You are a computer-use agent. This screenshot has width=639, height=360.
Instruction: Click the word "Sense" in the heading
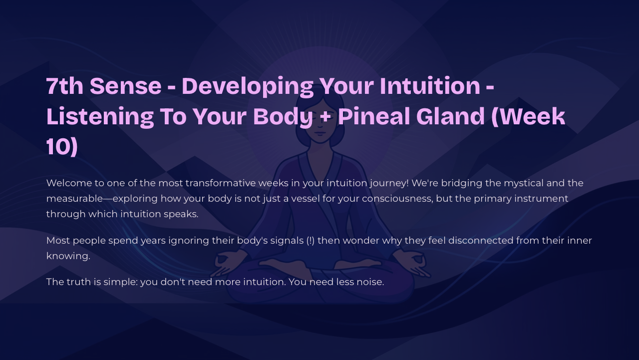[x=126, y=86]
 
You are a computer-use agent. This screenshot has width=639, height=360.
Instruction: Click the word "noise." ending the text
[x=370, y=282]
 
